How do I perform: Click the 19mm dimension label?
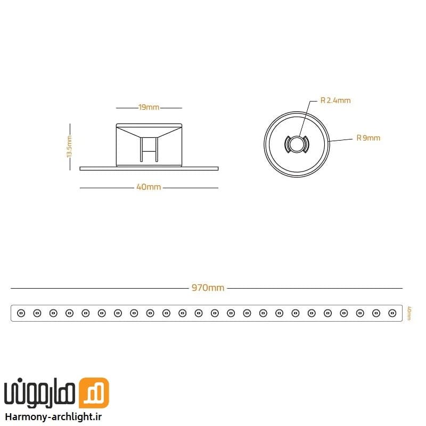click(149, 108)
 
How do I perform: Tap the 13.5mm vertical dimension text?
click(69, 146)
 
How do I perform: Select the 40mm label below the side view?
click(149, 187)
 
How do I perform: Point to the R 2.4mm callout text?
click(335, 101)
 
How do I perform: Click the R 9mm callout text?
click(368, 138)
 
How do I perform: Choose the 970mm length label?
click(208, 288)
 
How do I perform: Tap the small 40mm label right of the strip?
click(409, 313)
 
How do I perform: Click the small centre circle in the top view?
click(297, 144)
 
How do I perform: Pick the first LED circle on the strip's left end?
click(21, 313)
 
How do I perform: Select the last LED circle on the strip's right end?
click(392, 313)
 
